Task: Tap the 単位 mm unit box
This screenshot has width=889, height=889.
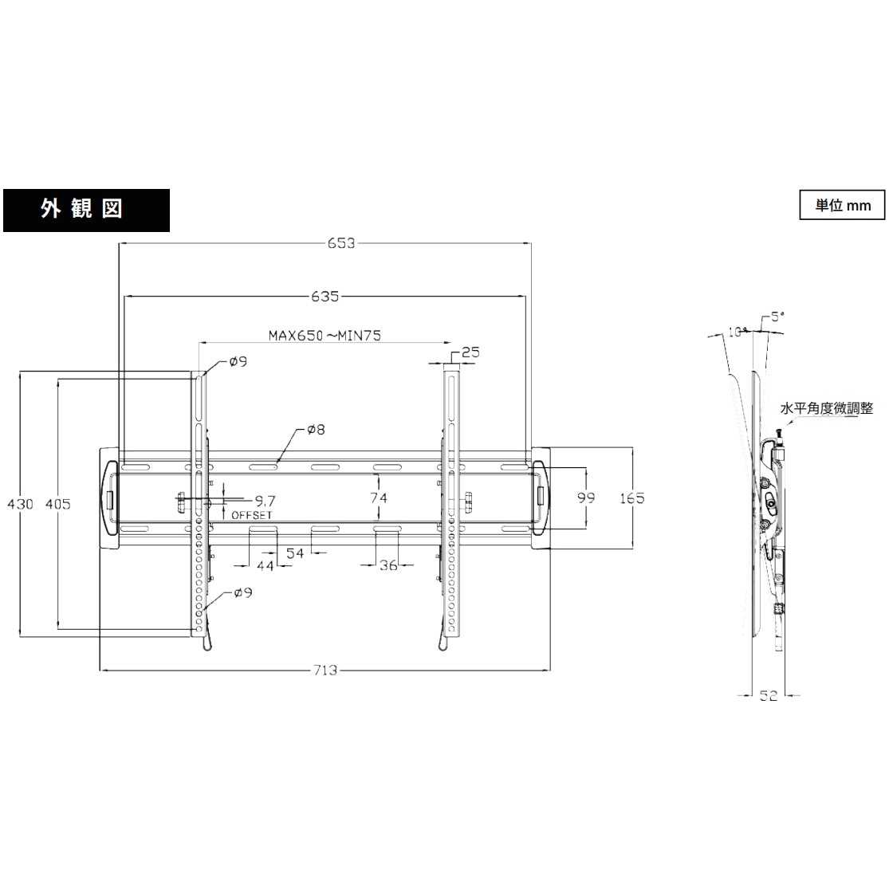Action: pyautogui.click(x=842, y=205)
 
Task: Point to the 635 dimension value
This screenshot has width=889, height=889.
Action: pyautogui.click(x=325, y=297)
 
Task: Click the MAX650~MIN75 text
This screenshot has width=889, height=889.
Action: pyautogui.click(x=324, y=335)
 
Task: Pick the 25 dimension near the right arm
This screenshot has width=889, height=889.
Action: pyautogui.click(x=470, y=352)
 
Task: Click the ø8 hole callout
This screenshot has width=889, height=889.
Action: pyautogui.click(x=316, y=430)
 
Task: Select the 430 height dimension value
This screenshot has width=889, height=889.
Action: pyautogui.click(x=20, y=503)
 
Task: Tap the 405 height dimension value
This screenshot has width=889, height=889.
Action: pyautogui.click(x=57, y=503)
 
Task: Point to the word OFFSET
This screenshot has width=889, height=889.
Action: pyautogui.click(x=252, y=515)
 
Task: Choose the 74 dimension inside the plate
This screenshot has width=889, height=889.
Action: pyautogui.click(x=379, y=498)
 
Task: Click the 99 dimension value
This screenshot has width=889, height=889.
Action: pyautogui.click(x=586, y=498)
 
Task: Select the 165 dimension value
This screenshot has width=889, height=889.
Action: pyautogui.click(x=631, y=498)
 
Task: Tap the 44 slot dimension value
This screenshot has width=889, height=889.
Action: pyautogui.click(x=265, y=565)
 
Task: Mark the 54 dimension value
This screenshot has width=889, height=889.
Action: pyautogui.click(x=295, y=553)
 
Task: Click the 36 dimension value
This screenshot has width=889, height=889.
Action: pyautogui.click(x=388, y=565)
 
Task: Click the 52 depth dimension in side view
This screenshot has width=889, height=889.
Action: pyautogui.click(x=768, y=695)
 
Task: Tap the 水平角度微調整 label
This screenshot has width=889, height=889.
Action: pyautogui.click(x=827, y=408)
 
